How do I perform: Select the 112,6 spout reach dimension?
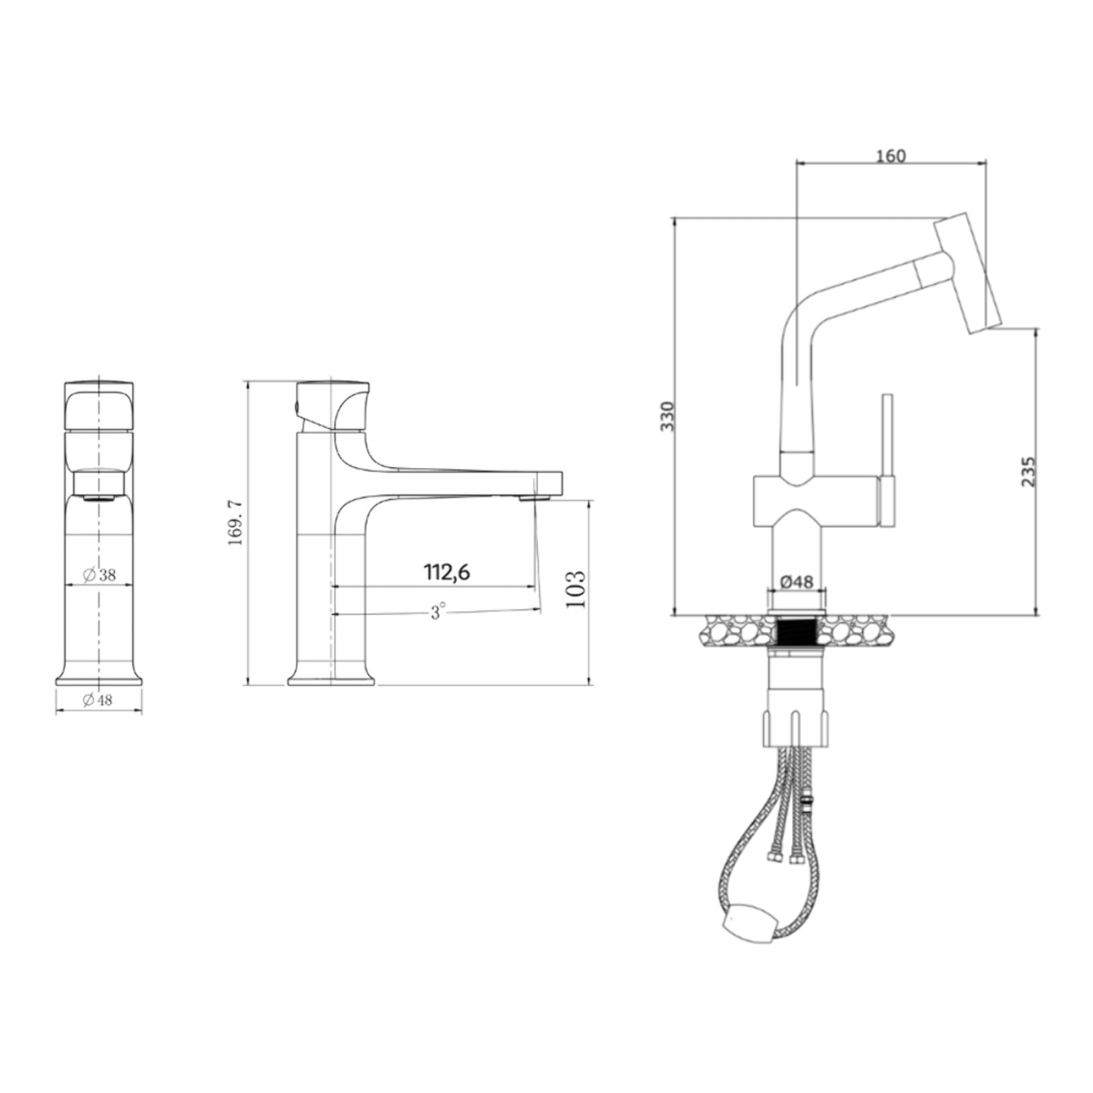(x=447, y=572)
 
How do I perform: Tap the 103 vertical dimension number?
(x=576, y=589)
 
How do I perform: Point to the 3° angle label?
(x=436, y=612)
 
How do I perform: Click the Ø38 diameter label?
(x=100, y=575)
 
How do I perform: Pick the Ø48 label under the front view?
(x=98, y=700)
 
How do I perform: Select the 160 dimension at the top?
(x=890, y=156)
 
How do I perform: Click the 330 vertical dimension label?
(x=667, y=416)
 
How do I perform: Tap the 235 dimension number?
(x=1027, y=471)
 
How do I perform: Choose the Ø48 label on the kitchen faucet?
(x=796, y=582)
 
